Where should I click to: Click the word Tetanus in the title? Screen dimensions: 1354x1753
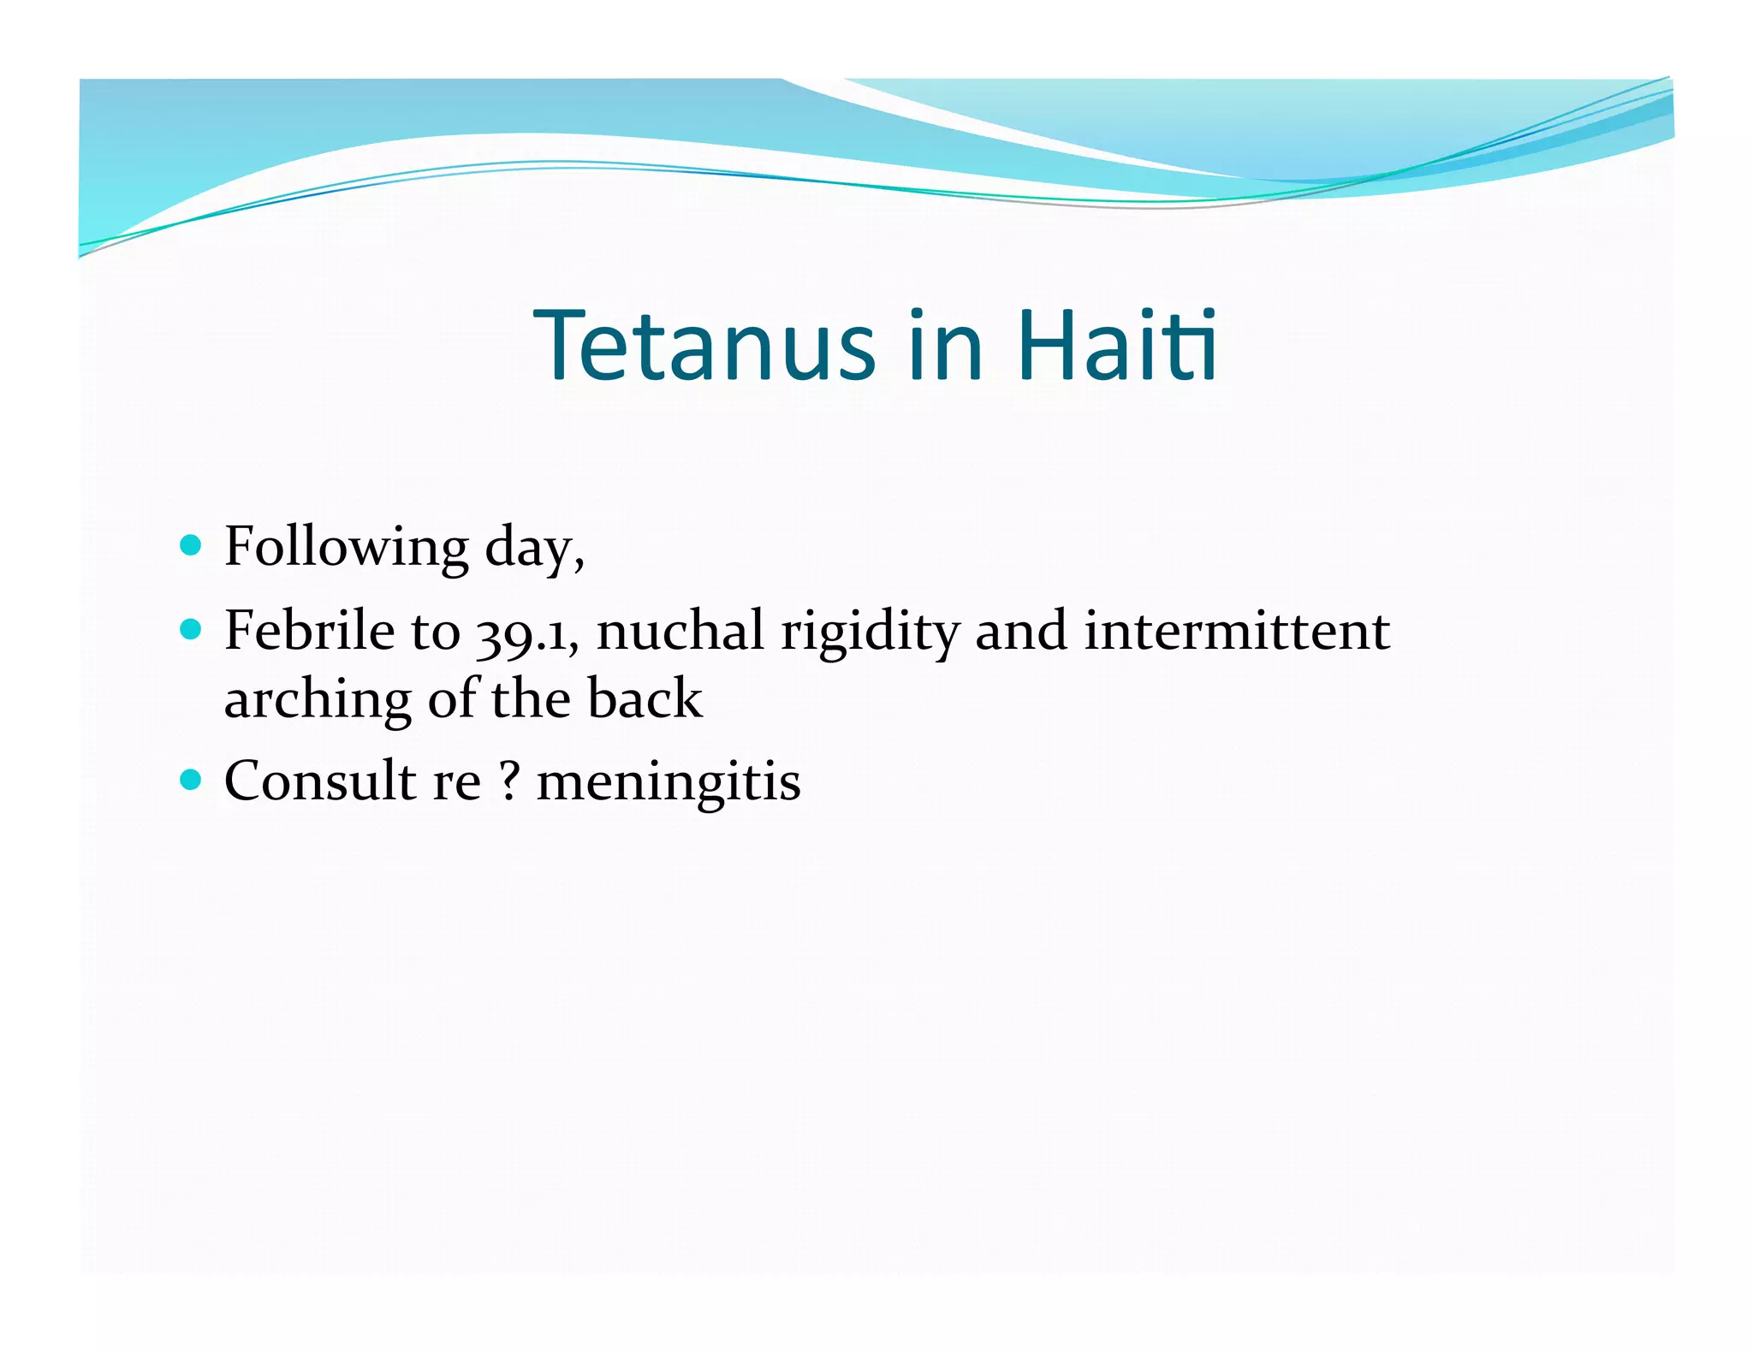pos(704,345)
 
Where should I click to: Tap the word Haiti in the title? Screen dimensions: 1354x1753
pos(1117,345)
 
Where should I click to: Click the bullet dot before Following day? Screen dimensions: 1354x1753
pos(191,546)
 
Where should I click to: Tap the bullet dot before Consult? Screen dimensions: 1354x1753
pos(191,781)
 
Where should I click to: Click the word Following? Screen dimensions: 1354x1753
pos(347,548)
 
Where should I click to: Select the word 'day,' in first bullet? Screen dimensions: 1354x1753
pos(535,548)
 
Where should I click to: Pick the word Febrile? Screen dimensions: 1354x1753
pos(309,632)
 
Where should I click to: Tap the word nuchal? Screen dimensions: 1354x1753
pos(680,632)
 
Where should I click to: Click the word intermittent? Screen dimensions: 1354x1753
pos(1237,632)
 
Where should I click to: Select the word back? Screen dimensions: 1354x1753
pos(645,698)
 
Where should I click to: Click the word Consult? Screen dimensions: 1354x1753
pos(320,781)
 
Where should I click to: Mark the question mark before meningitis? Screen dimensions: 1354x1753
pos(509,781)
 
